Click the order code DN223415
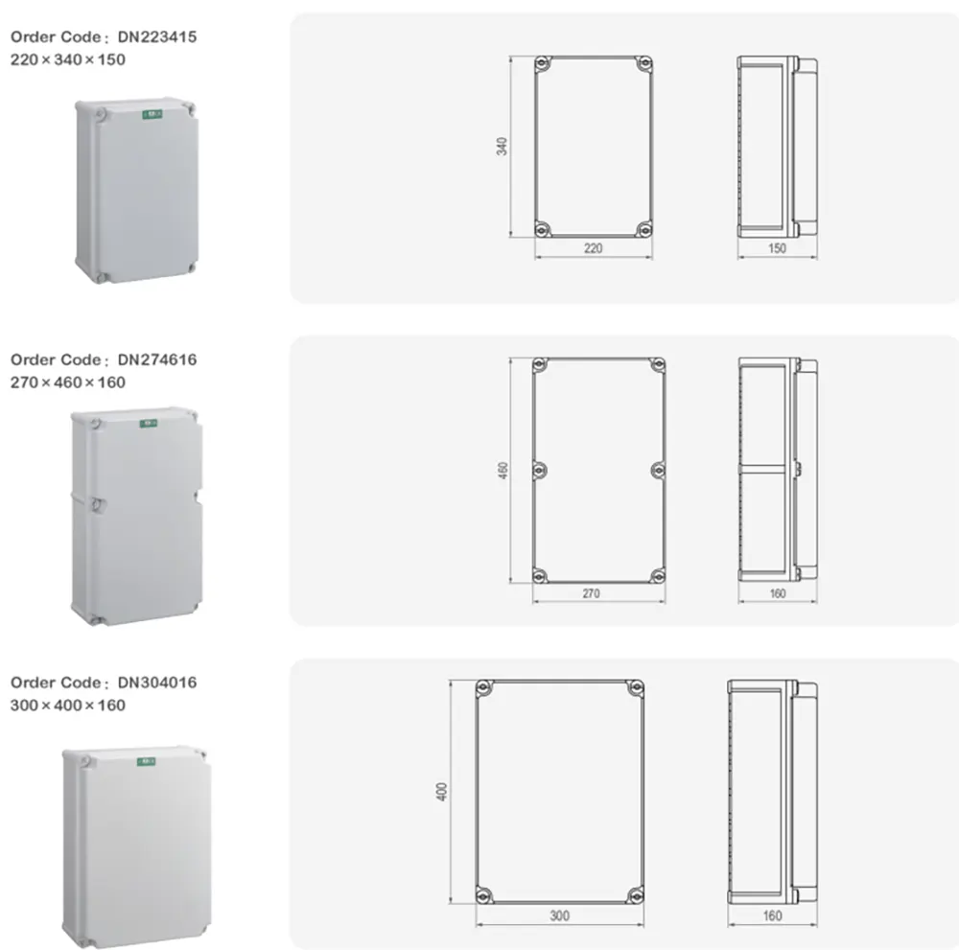157,36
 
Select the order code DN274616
157,359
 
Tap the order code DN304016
157,683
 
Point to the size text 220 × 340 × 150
68,59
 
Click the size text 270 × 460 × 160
68,382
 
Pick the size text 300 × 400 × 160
68,706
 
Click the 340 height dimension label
502,146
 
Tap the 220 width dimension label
593,248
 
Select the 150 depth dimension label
777,248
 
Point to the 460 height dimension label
503,470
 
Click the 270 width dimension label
591,593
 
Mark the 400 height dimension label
441,791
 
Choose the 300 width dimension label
560,915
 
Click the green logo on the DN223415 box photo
152,114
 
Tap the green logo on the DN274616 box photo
149,423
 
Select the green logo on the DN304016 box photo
146,762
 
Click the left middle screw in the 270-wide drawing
539,470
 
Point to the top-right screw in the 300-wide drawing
636,688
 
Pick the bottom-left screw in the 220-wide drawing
542,229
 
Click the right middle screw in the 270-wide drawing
658,470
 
